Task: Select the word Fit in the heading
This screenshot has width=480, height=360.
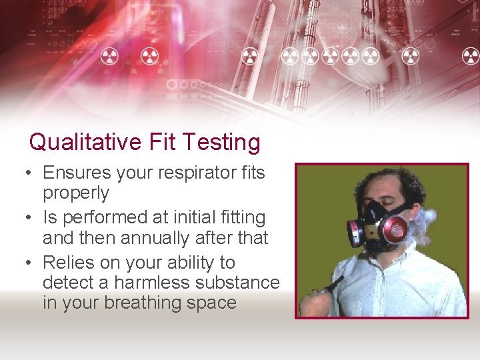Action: coord(162,142)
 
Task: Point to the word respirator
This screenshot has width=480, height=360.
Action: coord(195,173)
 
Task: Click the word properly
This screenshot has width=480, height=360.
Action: coord(76,193)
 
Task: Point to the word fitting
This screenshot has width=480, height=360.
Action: coord(237,217)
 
